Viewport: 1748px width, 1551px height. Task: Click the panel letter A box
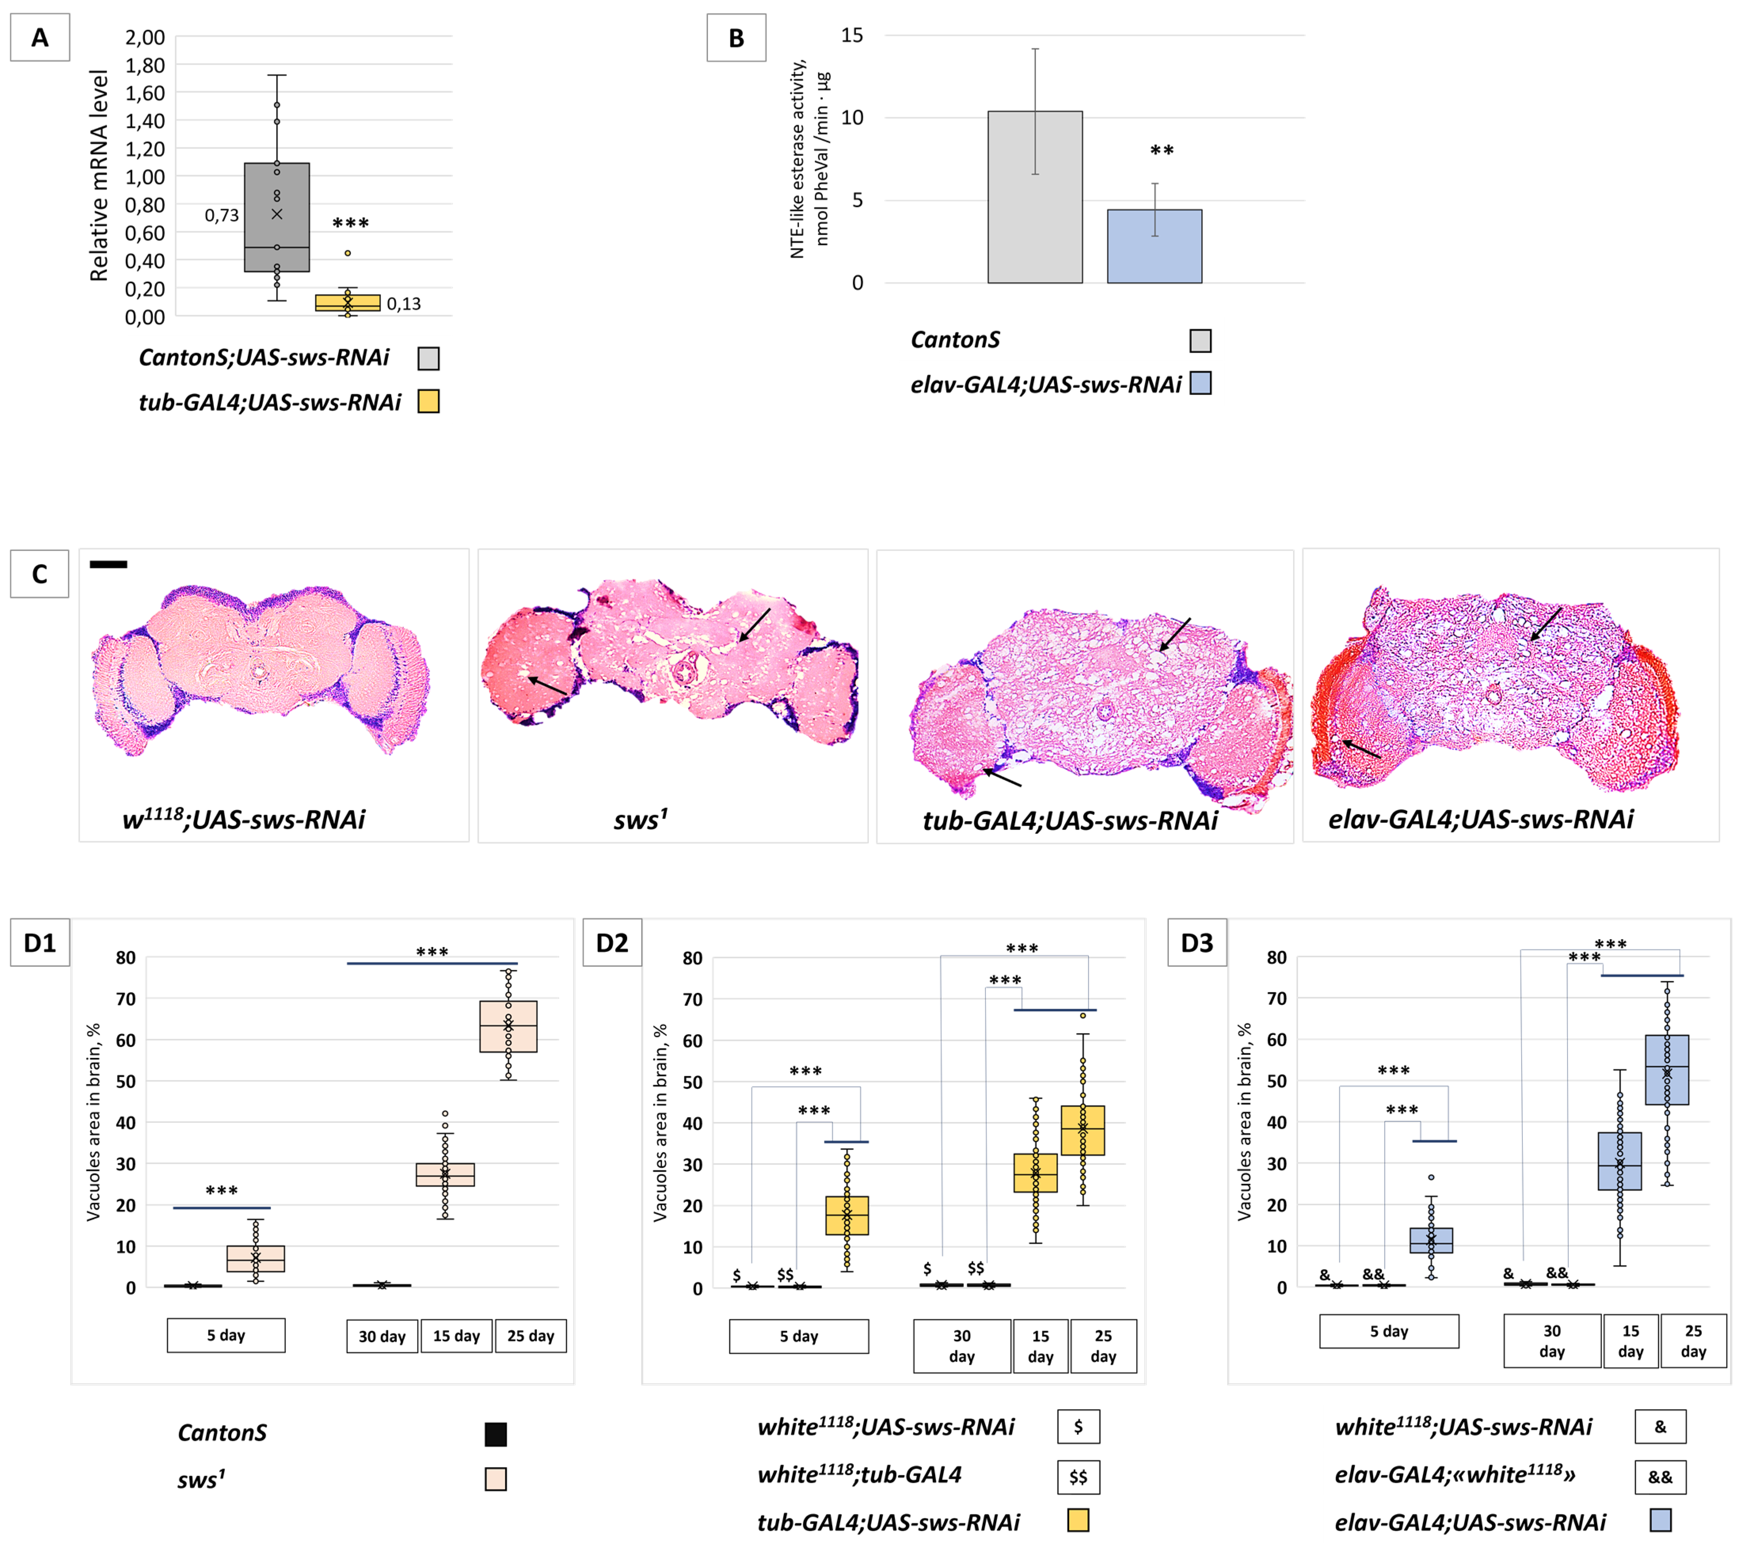[x=39, y=38]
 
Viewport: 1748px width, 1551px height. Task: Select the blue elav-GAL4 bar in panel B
[x=1155, y=246]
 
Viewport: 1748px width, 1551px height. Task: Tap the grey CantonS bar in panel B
[x=1035, y=197]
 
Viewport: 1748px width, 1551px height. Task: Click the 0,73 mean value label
[x=221, y=215]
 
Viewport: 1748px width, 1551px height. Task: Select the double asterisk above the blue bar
[x=1161, y=151]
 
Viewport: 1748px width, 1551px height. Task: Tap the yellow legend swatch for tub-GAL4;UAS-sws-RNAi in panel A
[x=428, y=402]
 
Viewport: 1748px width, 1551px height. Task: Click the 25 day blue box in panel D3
[x=1667, y=1070]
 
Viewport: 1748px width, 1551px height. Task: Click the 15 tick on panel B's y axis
[x=853, y=36]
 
